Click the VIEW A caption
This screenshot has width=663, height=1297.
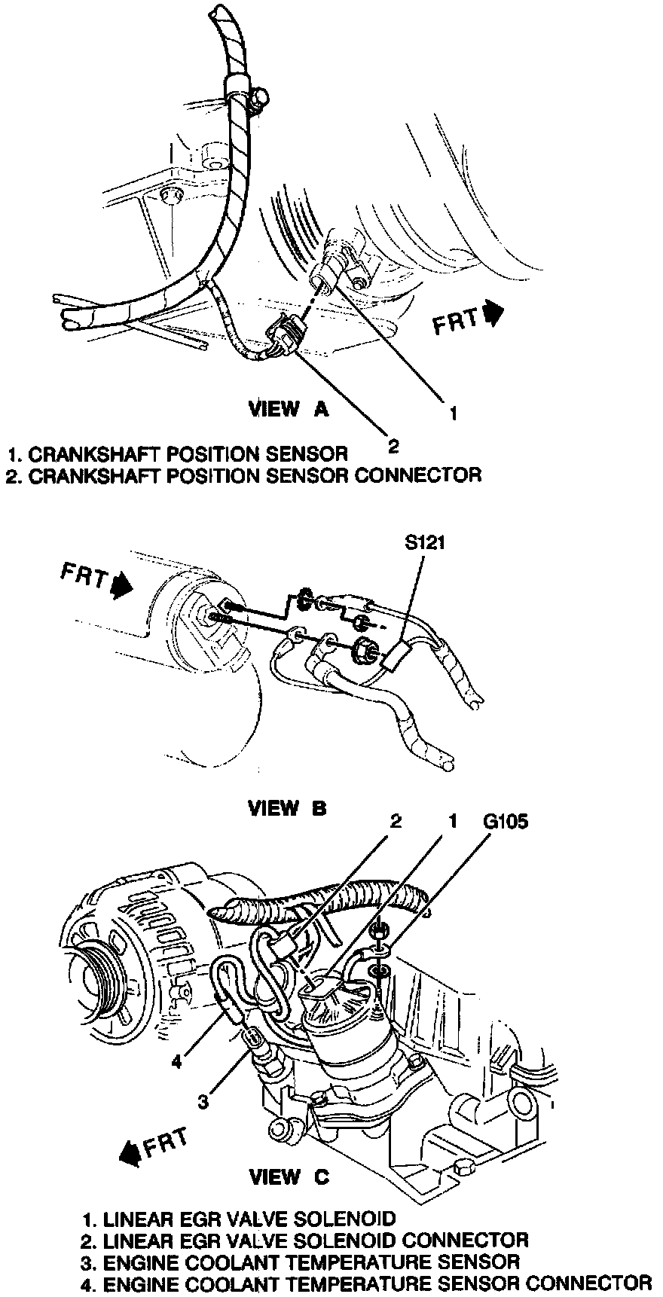[289, 409]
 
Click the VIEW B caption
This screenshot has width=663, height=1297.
[288, 807]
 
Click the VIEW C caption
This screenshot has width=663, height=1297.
[289, 1177]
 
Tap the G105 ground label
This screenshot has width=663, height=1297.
[505, 821]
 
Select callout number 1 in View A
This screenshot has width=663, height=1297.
[453, 412]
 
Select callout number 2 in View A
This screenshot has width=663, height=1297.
[393, 445]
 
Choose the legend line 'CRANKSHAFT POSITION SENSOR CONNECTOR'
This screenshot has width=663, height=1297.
[243, 475]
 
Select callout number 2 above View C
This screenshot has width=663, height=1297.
[395, 821]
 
